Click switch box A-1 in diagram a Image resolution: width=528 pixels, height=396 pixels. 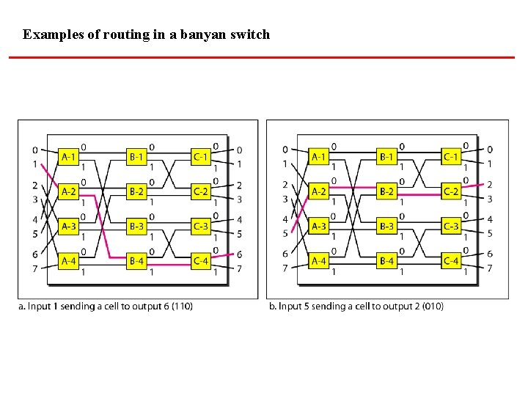(x=69, y=157)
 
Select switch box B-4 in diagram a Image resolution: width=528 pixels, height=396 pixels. (x=137, y=260)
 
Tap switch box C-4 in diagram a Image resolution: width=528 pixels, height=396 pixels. (x=201, y=260)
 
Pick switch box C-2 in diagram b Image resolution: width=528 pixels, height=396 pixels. (x=451, y=192)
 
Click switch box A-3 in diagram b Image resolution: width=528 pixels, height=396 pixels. (x=319, y=226)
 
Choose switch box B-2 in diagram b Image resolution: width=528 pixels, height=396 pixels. (x=387, y=192)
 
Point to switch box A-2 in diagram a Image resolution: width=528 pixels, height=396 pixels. (x=69, y=192)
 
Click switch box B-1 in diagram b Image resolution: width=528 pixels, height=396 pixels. (x=387, y=157)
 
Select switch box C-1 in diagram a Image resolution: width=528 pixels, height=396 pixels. (x=201, y=157)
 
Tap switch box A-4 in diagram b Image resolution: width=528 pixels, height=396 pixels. (x=319, y=260)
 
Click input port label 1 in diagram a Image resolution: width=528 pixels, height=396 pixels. (x=35, y=164)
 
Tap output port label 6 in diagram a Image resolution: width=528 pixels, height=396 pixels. (x=240, y=254)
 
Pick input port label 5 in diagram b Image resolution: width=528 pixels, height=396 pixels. (x=285, y=234)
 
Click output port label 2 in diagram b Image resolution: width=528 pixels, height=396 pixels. (x=490, y=185)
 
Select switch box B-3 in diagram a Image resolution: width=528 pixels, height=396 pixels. (x=137, y=226)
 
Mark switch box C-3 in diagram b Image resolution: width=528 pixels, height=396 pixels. (x=451, y=226)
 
